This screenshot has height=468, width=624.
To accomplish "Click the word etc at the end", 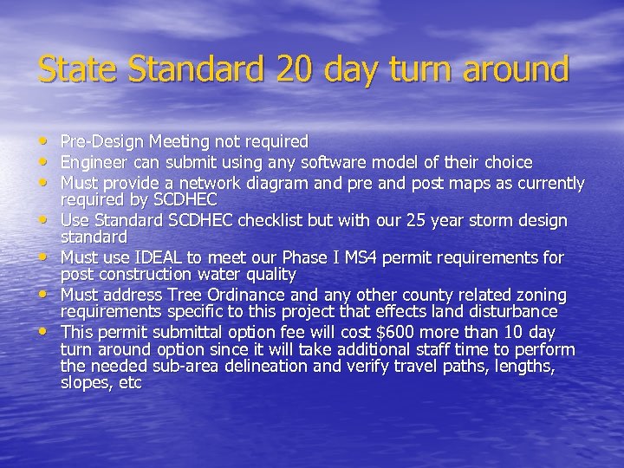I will click(x=130, y=383).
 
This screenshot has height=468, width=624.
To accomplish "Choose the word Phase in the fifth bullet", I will click(x=327, y=258).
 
